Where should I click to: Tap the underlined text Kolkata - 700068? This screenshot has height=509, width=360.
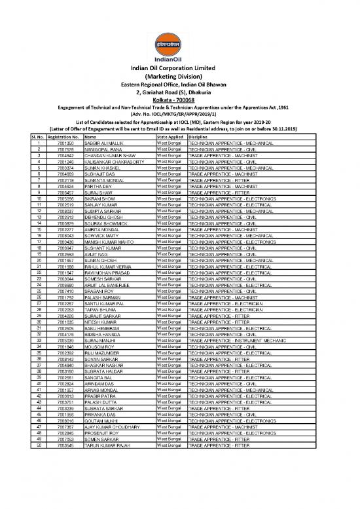[x=180, y=99]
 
